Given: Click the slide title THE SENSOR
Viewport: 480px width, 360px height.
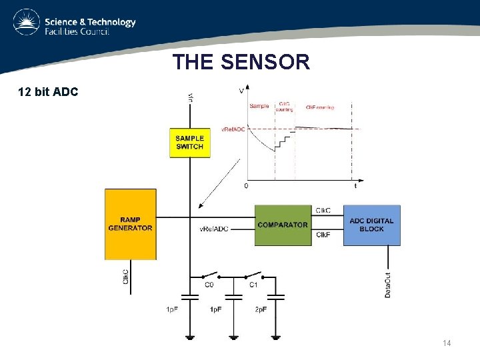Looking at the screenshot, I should [241, 63].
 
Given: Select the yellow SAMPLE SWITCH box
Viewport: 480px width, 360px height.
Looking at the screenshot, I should [189, 142].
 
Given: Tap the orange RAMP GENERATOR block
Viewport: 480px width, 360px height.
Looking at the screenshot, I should [130, 224].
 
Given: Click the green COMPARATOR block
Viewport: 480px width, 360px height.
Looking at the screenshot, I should [283, 225].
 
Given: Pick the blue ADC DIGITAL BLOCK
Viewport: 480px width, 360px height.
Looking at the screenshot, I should [371, 225].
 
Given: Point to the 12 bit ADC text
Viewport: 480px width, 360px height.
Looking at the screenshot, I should [48, 91].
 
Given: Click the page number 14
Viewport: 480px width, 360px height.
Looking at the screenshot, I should [446, 343].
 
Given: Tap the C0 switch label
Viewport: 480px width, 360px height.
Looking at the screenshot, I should [209, 285].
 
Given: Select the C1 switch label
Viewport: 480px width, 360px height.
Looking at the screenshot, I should [253, 285].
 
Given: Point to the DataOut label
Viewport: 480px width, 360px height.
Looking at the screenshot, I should [388, 284].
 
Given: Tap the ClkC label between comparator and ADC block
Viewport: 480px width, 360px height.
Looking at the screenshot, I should [323, 211].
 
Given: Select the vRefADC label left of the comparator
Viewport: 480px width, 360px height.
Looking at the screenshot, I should [214, 229].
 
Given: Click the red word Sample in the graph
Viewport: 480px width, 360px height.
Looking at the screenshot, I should [259, 105].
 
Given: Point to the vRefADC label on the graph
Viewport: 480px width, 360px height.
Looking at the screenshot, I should [233, 129].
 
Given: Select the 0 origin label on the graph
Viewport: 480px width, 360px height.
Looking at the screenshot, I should [247, 185].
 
